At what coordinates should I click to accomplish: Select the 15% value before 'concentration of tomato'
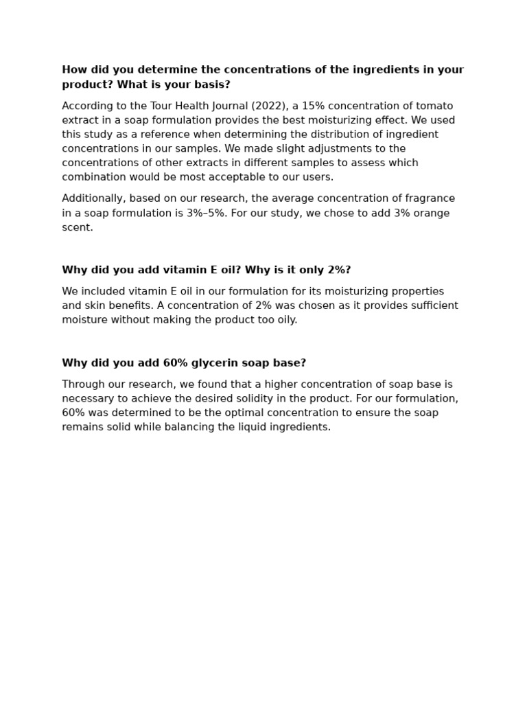[x=295, y=106]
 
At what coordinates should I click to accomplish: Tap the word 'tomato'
[x=435, y=106]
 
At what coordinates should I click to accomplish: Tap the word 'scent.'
[x=78, y=227]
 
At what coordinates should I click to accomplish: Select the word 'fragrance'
[x=430, y=198]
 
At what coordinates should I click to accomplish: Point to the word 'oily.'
[x=285, y=320]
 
